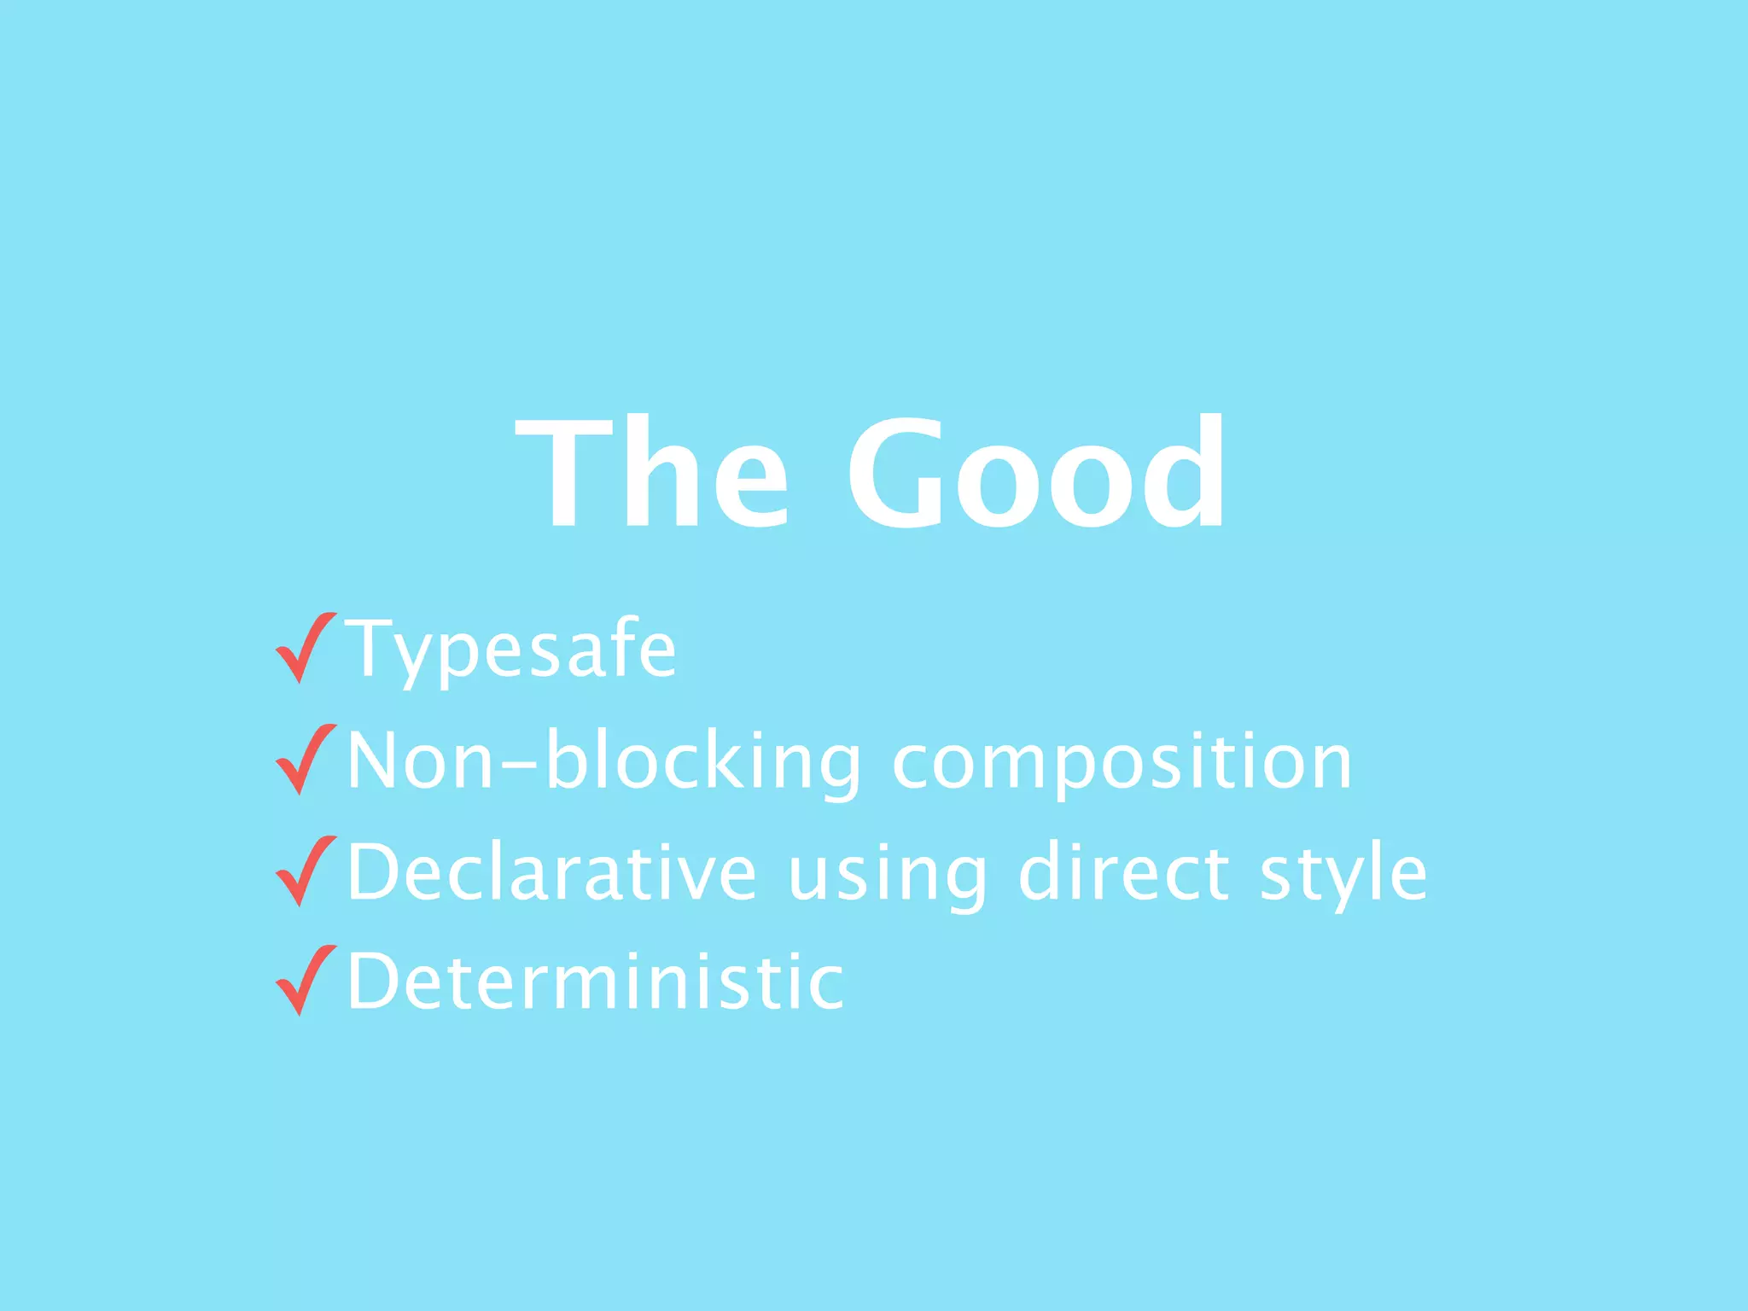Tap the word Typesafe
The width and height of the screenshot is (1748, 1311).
[510, 650]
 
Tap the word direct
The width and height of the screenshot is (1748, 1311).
[1125, 871]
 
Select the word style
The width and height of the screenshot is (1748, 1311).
[1343, 873]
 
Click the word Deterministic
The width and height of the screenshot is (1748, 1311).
[596, 982]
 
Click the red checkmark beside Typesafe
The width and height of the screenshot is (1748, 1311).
[306, 649]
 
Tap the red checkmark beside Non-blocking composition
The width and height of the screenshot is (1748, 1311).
[306, 760]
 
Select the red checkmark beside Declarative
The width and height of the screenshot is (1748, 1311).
[306, 871]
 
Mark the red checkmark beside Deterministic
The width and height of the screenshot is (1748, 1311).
[306, 981]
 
